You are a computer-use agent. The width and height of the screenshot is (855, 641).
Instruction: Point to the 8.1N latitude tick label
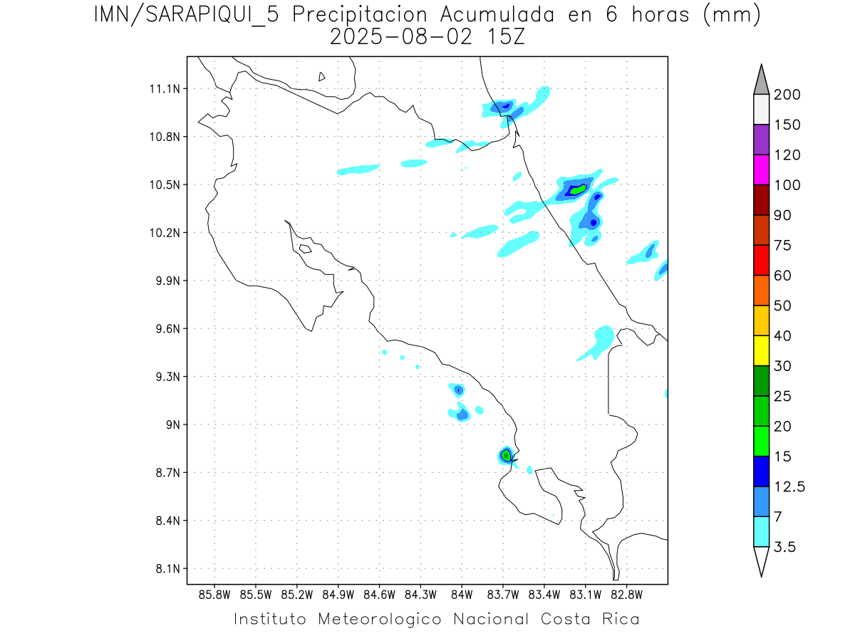167,568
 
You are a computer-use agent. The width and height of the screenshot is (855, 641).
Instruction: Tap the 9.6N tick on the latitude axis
167,329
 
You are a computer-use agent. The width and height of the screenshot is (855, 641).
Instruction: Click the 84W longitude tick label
462,594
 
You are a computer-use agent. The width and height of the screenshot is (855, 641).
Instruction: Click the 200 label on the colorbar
787,95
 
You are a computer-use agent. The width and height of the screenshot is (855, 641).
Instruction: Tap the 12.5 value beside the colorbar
789,486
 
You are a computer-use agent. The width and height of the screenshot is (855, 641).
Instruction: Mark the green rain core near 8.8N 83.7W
505,454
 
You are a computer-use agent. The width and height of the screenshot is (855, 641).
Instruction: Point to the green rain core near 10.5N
577,189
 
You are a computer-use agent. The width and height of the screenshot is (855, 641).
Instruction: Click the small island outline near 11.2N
322,76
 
